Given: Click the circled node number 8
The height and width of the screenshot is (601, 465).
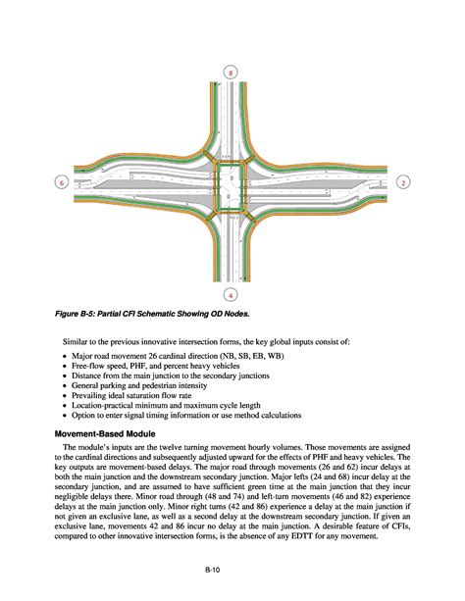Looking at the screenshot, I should (230, 75).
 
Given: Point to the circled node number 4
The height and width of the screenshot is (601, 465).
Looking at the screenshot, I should (230, 293).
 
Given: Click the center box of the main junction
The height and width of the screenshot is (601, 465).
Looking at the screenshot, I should (231, 185).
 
